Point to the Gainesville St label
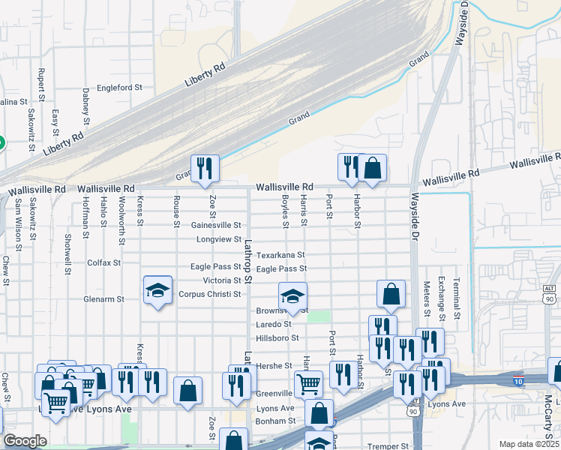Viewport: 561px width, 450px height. coord(217,224)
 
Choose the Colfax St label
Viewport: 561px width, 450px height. coord(103,263)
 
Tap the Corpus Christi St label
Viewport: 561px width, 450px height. coord(210,294)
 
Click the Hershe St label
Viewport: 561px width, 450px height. coord(274,365)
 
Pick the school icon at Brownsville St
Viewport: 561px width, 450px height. coord(292,296)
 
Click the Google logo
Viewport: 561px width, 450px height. coord(24,441)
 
